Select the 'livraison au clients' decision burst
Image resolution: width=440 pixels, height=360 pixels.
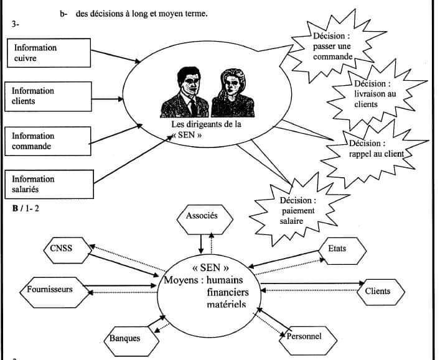373,94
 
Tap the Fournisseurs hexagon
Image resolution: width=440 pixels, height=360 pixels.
50,289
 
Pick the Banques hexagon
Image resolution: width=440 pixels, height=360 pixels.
125,338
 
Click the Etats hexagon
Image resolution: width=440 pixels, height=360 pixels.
337,249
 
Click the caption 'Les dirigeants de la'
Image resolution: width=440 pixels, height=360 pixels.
205,124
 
